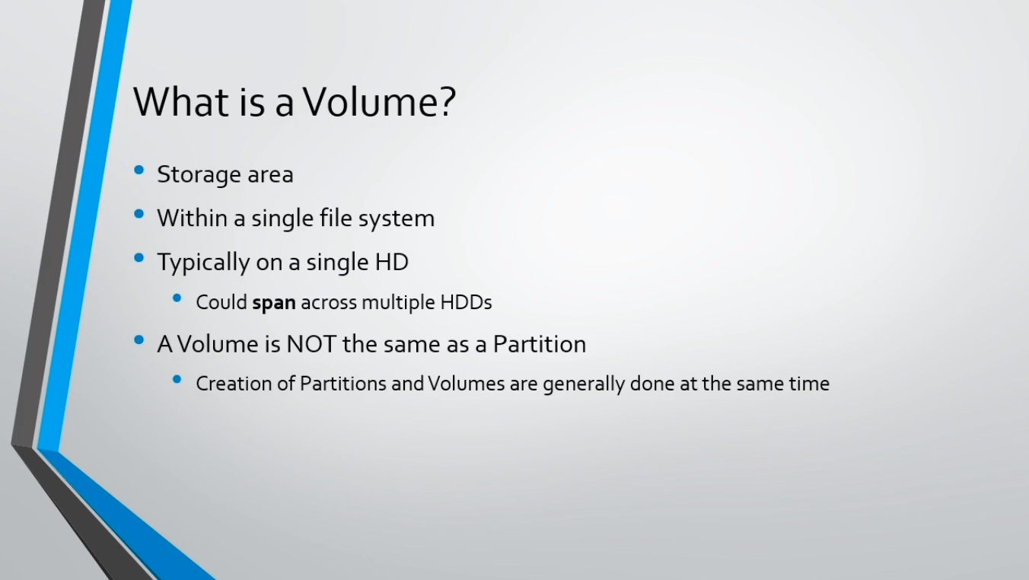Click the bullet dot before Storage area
[139, 170]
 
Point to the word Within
[193, 218]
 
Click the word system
[397, 219]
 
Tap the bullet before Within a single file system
[139, 214]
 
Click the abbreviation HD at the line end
[392, 262]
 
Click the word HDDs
[466, 302]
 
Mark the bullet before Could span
[177, 298]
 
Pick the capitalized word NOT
[311, 344]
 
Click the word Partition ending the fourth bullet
[540, 344]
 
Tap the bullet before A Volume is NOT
[139, 340]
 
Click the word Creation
[234, 384]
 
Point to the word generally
[584, 385]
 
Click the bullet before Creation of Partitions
[177, 380]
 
